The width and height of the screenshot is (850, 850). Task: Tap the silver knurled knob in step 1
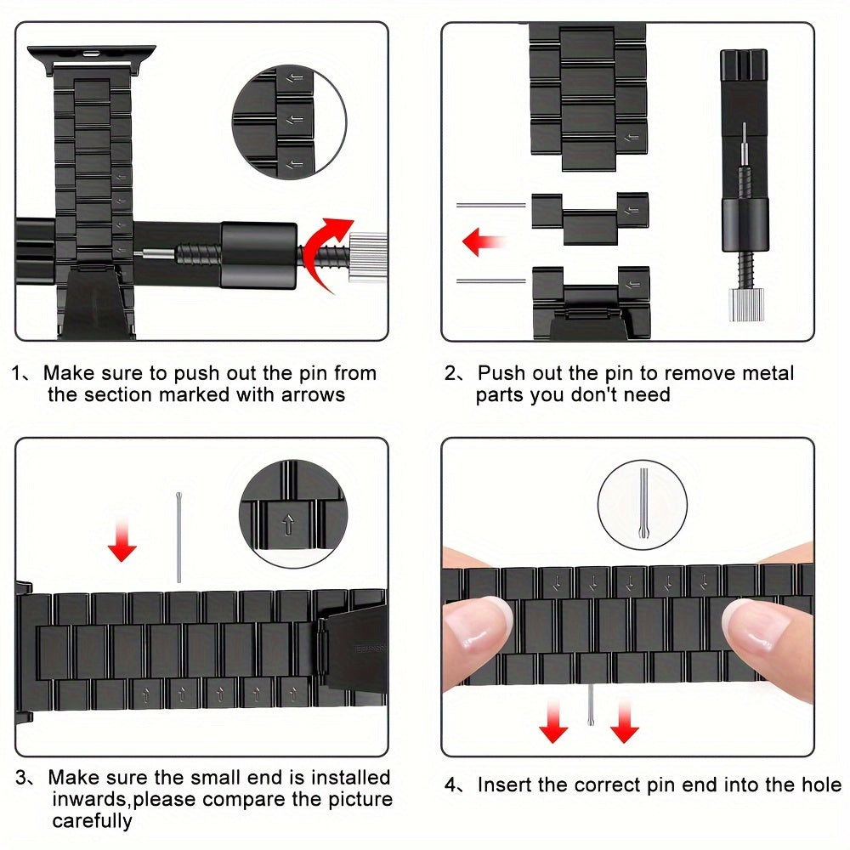click(367, 257)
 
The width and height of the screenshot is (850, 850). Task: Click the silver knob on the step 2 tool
click(746, 304)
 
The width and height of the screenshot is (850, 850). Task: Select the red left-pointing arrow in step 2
click(484, 241)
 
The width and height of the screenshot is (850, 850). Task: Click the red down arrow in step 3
click(122, 541)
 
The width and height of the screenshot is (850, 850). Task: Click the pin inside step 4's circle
click(643, 503)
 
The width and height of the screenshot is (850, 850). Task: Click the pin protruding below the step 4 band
click(592, 705)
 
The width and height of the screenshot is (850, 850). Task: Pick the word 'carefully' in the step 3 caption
click(92, 821)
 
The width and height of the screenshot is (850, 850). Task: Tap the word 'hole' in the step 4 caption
click(822, 785)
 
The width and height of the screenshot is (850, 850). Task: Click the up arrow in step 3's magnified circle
click(288, 524)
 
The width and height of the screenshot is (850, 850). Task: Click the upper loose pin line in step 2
click(491, 205)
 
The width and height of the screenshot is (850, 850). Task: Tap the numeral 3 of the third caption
click(20, 778)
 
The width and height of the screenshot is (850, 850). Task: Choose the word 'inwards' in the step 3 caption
click(90, 799)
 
